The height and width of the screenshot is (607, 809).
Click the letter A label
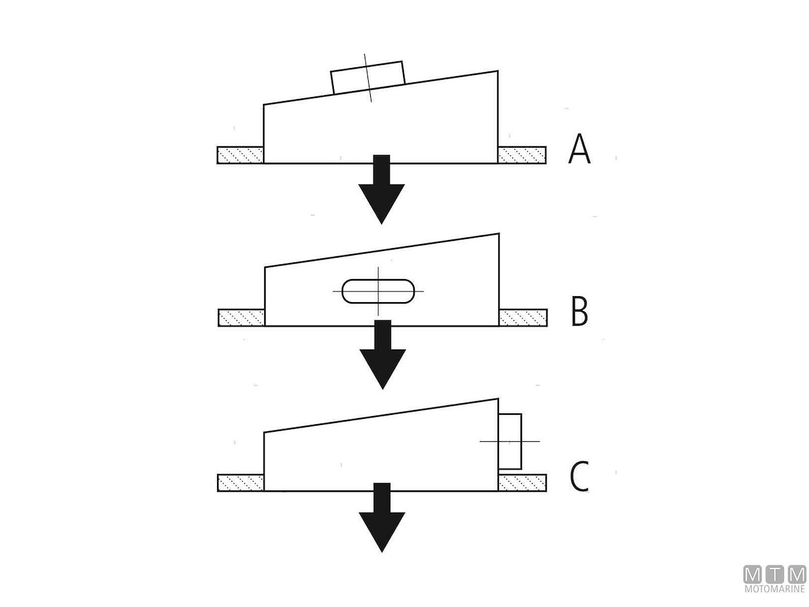click(580, 149)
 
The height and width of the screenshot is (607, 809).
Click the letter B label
click(580, 312)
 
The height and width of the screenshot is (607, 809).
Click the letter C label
click(580, 476)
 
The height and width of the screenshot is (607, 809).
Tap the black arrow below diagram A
click(382, 192)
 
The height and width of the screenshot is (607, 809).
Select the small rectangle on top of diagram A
click(368, 77)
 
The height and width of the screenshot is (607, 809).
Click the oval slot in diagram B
click(378, 291)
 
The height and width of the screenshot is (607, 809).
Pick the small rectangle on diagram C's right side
click(510, 441)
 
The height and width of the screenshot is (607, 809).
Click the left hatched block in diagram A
click(239, 155)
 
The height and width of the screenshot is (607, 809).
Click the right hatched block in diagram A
click(521, 155)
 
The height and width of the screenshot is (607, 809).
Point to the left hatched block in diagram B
click(241, 318)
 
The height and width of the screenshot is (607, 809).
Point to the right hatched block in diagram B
click(522, 318)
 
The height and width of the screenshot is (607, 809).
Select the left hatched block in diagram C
click(240, 482)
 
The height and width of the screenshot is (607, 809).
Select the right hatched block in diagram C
click(522, 482)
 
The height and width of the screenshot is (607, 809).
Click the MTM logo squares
click(775, 575)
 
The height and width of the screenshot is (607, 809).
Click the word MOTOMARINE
click(775, 589)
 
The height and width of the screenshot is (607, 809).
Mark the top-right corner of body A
click(498, 70)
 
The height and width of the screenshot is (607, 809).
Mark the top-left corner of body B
click(265, 268)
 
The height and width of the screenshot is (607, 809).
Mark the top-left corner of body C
click(264, 432)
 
